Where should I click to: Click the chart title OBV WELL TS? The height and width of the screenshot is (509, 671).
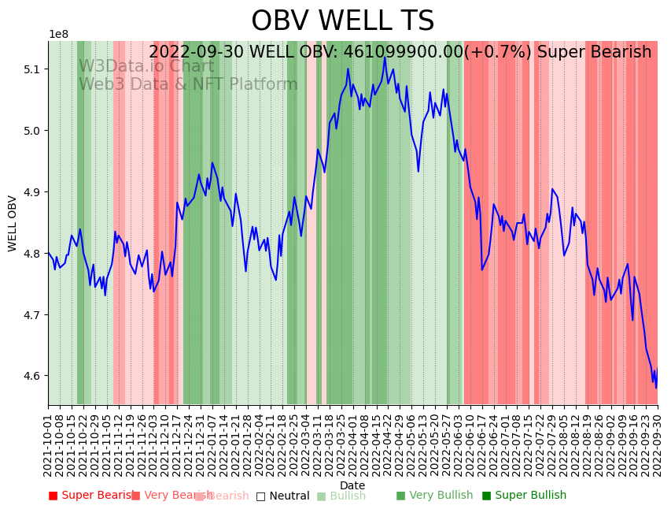pos(342,21)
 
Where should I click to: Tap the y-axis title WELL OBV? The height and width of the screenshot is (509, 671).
pos(13,223)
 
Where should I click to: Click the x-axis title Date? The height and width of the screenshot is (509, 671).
pos(352,485)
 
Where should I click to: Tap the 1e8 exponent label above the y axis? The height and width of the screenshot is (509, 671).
pos(58,35)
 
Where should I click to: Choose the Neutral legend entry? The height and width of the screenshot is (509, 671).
pos(283,496)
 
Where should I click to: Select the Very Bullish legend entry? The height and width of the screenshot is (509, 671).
pos(434,496)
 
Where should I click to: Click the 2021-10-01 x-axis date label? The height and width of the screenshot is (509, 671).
pos(49,442)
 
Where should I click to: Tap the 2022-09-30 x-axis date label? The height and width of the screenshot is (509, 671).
pos(658,442)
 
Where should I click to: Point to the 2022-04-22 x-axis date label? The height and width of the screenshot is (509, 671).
pos(385,442)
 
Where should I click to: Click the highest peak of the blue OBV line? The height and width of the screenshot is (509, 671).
pos(385,58)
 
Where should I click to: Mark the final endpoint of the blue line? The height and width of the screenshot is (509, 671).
pos(656,387)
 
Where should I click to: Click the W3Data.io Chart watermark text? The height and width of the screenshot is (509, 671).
pos(146,66)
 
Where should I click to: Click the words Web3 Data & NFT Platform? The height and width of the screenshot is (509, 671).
pos(188,84)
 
